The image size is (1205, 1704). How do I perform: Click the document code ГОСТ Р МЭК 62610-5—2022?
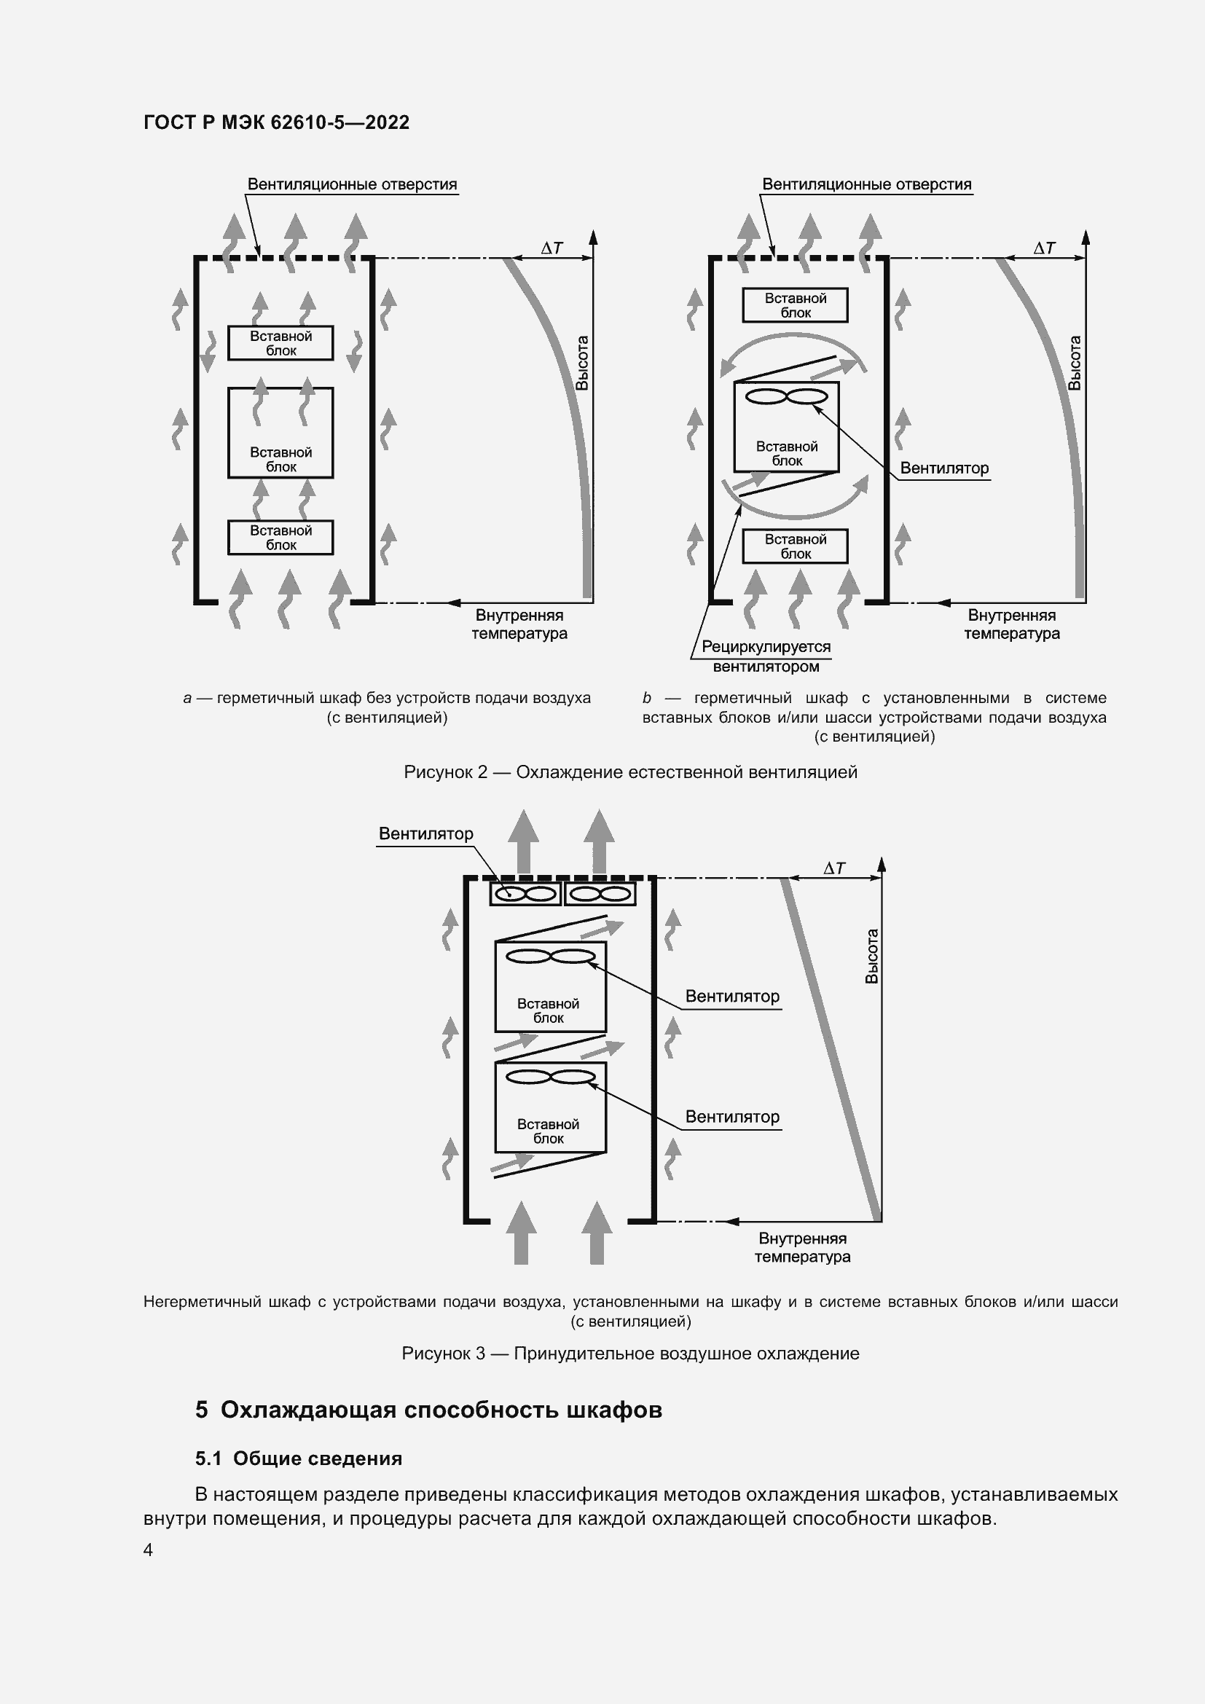pyautogui.click(x=276, y=122)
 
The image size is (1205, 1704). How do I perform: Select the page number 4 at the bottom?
pyautogui.click(x=149, y=1550)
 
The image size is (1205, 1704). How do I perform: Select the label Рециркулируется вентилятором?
pyautogui.click(x=766, y=656)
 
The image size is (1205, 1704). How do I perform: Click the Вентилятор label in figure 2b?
pyautogui.click(x=943, y=468)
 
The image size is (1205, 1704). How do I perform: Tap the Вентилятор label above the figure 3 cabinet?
pyautogui.click(x=426, y=833)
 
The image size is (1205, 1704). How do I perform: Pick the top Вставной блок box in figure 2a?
pyautogui.click(x=280, y=343)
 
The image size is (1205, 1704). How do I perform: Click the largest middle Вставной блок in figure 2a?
pyautogui.click(x=280, y=433)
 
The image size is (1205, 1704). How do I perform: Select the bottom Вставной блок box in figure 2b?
pyautogui.click(x=795, y=546)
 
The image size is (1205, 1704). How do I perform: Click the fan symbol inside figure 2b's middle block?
pyautogui.click(x=786, y=397)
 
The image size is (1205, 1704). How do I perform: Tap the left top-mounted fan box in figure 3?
pyautogui.click(x=525, y=894)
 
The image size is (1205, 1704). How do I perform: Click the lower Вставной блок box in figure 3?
pyautogui.click(x=550, y=1107)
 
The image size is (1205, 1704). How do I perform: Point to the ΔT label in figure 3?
pyautogui.click(x=834, y=868)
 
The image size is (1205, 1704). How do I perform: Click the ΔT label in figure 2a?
pyautogui.click(x=552, y=248)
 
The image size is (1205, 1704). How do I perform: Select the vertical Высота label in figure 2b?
pyautogui.click(x=1075, y=363)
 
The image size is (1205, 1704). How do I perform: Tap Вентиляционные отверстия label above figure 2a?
pyautogui.click(x=352, y=184)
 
